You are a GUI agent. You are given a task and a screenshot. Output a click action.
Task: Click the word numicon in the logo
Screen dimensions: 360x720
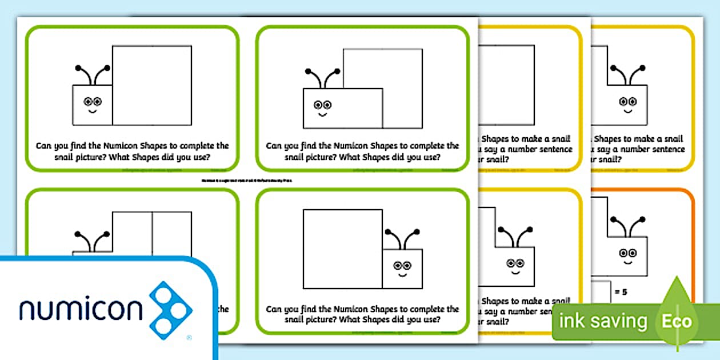click(x=80, y=309)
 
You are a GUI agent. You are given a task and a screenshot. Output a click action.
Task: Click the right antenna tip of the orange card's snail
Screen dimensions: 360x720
click(x=643, y=219)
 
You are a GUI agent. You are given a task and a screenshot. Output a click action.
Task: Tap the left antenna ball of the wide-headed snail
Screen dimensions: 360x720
click(x=308, y=72)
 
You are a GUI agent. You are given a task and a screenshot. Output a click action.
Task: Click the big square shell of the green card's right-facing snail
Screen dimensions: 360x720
click(x=342, y=249)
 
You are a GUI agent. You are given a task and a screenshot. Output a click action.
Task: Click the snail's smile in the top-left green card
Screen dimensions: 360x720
click(x=92, y=111)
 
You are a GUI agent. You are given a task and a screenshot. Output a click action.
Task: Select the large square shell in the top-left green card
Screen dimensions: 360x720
click(x=151, y=85)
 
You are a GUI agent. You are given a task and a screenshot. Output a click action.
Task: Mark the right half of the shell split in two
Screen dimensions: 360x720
click(x=171, y=231)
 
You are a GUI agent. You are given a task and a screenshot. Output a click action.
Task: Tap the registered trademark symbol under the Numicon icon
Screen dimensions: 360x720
click(x=189, y=338)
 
